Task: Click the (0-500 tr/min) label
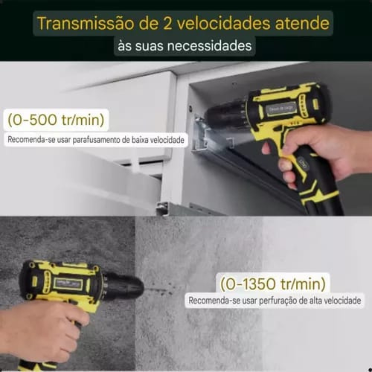click(x=56, y=120)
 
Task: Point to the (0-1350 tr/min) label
click(x=273, y=285)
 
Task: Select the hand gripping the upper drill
click(x=310, y=152)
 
